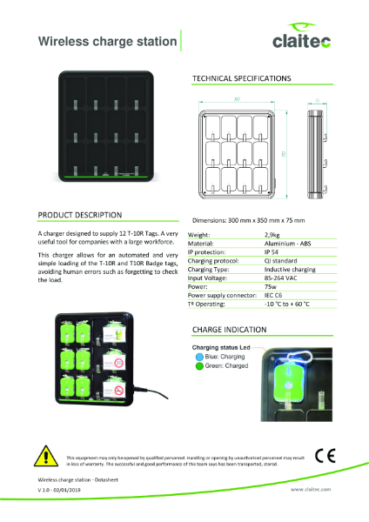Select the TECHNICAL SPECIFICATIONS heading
pyautogui.click(x=240, y=79)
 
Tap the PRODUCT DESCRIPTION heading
pyautogui.click(x=80, y=214)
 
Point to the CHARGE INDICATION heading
pyautogui.click(x=228, y=331)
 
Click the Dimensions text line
pyautogui.click(x=247, y=221)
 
